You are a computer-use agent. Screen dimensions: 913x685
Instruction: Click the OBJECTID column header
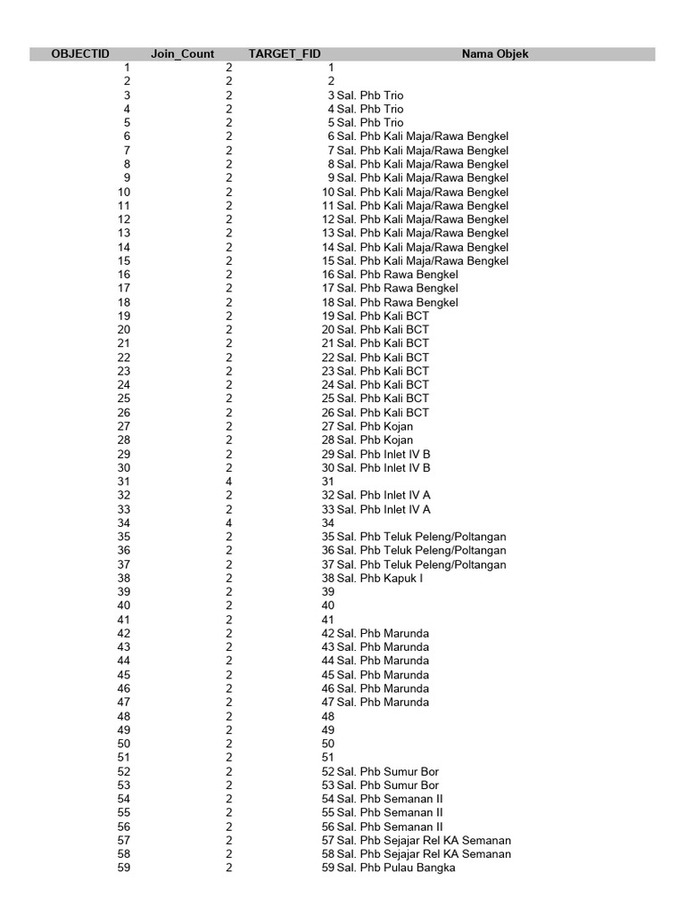(80, 53)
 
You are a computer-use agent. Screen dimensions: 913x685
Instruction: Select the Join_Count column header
(182, 53)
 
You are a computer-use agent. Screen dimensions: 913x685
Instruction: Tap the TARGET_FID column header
(285, 53)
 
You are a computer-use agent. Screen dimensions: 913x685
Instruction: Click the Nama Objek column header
(495, 53)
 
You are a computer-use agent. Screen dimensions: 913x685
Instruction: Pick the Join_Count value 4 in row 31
(229, 481)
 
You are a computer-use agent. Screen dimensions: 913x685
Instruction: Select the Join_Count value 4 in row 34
(229, 522)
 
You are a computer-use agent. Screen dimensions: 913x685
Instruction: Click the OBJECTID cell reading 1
(127, 68)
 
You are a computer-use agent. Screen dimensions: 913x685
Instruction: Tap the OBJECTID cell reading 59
(124, 868)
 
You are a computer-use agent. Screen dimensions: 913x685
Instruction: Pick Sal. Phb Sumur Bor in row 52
(388, 771)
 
